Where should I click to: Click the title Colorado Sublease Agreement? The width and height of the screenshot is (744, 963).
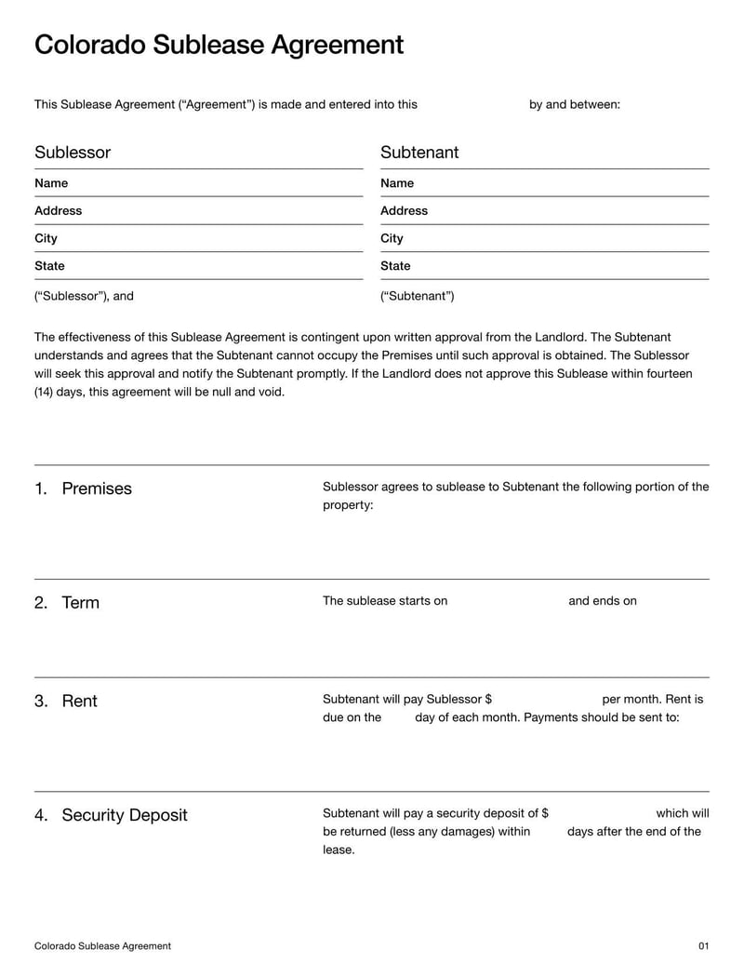(219, 45)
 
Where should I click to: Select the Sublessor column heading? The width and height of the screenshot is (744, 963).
(73, 153)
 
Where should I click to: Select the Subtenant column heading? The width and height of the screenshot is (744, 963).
(419, 153)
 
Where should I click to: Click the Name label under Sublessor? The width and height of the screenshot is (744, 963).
(51, 183)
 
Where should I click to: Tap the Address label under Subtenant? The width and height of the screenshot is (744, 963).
(404, 211)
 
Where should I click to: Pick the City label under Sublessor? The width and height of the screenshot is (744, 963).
(46, 238)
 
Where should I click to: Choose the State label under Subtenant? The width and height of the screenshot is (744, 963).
(395, 266)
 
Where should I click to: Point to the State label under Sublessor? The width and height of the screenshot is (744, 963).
(49, 266)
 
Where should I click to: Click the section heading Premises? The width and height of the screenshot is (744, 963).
(96, 488)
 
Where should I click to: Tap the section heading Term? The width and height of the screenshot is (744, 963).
(80, 603)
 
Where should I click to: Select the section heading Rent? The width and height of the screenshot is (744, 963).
(79, 702)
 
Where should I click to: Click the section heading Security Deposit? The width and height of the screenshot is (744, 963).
(124, 816)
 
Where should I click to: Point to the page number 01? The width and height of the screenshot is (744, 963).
(703, 946)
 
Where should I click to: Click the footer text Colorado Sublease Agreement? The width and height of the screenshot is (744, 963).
(102, 946)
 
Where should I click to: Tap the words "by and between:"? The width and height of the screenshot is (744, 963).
(574, 105)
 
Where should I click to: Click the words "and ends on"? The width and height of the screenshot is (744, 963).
(602, 601)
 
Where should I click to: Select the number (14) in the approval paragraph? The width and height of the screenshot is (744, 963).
(46, 393)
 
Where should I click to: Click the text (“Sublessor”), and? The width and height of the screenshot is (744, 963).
(84, 297)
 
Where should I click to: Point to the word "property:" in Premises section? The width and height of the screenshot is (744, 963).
(348, 505)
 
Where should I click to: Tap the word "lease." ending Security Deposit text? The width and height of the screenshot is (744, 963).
(339, 850)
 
